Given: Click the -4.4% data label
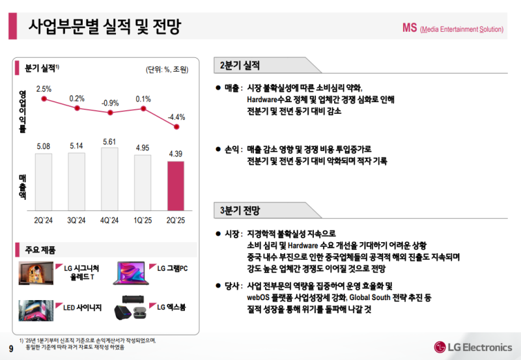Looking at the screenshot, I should coord(176,117).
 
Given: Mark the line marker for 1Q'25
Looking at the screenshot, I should coord(143,109).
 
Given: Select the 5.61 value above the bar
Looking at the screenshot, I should coord(109,141).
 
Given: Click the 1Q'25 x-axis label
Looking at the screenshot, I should coord(143,221).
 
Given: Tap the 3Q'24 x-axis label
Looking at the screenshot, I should coord(77,221).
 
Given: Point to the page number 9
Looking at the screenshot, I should coord(10,346).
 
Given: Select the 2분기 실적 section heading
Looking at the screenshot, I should coord(241,65).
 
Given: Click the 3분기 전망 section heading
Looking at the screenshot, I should coord(241,210).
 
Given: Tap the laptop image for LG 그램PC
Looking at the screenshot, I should coord(132,273).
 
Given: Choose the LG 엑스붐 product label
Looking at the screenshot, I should coord(172,306).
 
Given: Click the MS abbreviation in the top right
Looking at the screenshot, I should coord(409,28).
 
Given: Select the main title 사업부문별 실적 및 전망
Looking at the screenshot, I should coord(104,27).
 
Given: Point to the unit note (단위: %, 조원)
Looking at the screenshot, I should coord(167,70).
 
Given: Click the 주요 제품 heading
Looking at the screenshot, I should coord(40,250).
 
